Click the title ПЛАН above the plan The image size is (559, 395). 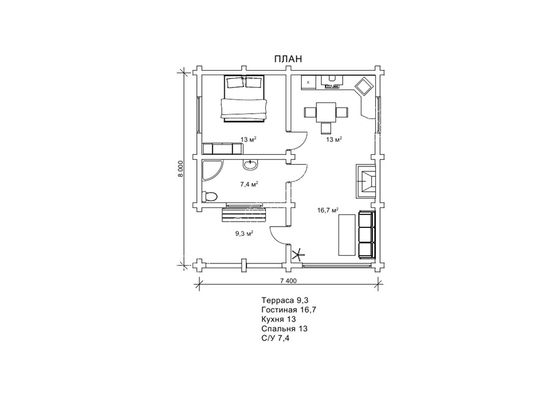pyautogui.click(x=288, y=59)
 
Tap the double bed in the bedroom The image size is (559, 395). pyautogui.click(x=244, y=98)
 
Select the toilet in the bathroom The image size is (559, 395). pyautogui.click(x=209, y=197)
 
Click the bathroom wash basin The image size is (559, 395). pyautogui.click(x=250, y=165)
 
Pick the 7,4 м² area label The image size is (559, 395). pyautogui.click(x=249, y=184)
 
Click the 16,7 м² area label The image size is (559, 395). pyautogui.click(x=328, y=210)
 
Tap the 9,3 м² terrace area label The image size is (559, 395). pyautogui.click(x=244, y=234)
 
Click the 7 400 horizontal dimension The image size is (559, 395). pyautogui.click(x=288, y=281)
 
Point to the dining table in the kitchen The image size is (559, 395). pyautogui.click(x=326, y=112)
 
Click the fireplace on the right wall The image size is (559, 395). pyautogui.click(x=365, y=181)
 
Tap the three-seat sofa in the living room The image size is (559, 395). pyautogui.click(x=366, y=235)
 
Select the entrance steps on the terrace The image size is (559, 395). pyautogui.click(x=244, y=213)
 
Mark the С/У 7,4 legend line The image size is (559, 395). pyautogui.click(x=275, y=338)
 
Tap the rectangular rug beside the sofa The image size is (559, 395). pyautogui.click(x=347, y=235)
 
